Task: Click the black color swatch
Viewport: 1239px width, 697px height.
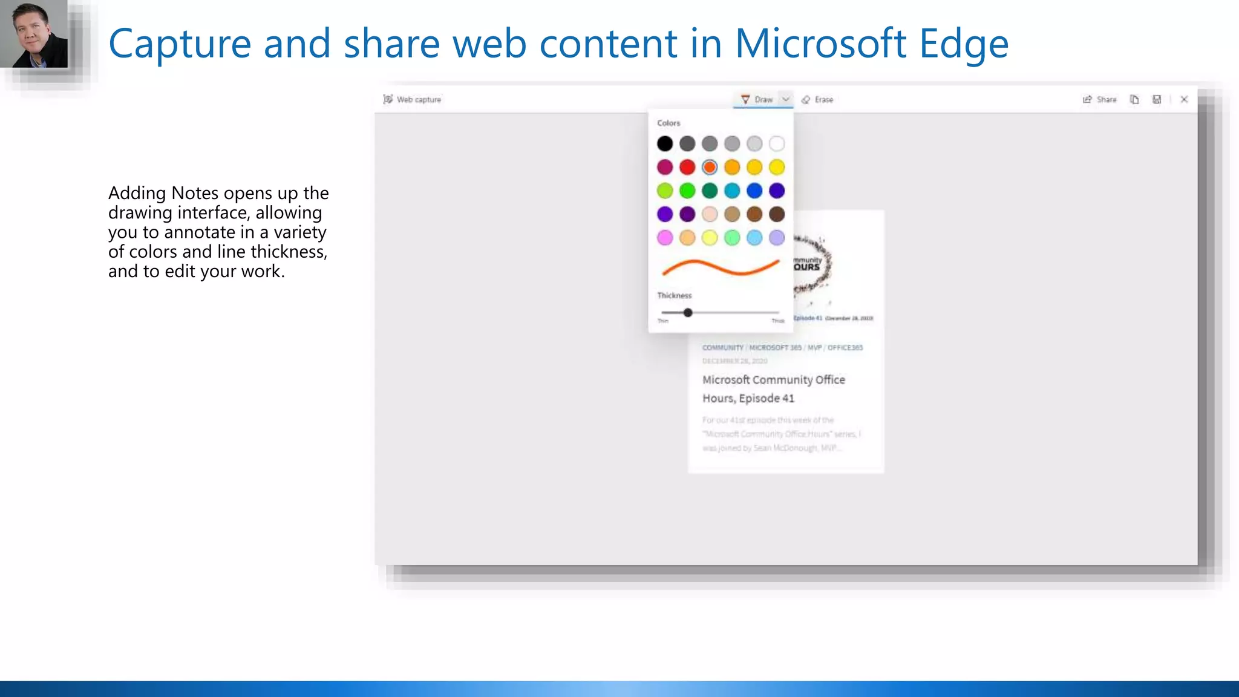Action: click(x=665, y=143)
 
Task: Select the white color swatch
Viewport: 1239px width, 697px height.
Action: click(x=777, y=143)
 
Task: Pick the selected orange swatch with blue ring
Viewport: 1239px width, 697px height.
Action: click(x=710, y=167)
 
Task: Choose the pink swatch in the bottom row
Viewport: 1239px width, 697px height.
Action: click(x=665, y=238)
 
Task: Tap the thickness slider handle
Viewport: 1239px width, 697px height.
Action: click(x=688, y=313)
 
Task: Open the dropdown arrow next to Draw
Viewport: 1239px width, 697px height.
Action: click(x=786, y=99)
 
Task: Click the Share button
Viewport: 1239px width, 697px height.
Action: click(x=1100, y=99)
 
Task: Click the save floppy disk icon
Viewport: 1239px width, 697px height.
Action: click(x=1157, y=99)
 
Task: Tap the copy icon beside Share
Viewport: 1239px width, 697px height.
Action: click(x=1134, y=99)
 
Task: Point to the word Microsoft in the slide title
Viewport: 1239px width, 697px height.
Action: click(x=820, y=44)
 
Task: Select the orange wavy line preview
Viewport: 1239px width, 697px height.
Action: click(x=721, y=267)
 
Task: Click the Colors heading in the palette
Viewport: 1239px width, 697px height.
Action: click(x=669, y=123)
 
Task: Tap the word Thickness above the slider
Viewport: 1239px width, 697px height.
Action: click(x=674, y=295)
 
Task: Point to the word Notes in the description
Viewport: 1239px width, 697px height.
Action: click(x=195, y=193)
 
